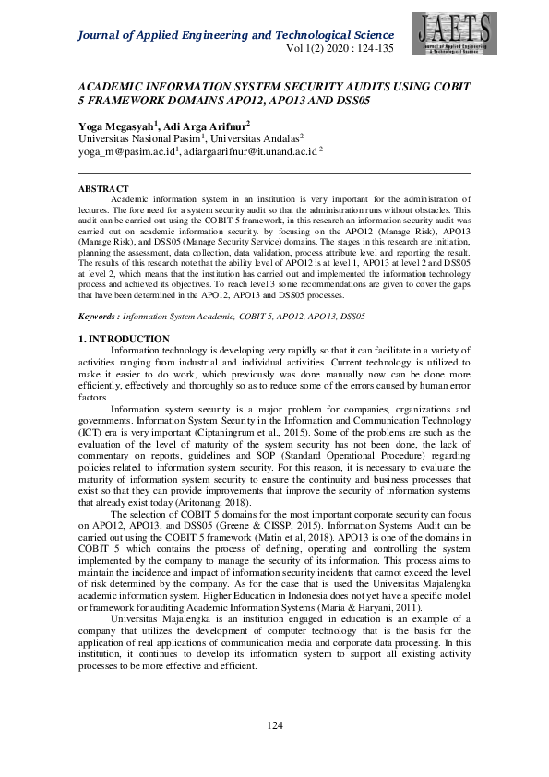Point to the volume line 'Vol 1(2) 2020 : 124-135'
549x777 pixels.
341,49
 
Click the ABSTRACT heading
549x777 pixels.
103,189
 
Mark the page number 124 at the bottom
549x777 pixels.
274,726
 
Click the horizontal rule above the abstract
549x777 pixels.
274,173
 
